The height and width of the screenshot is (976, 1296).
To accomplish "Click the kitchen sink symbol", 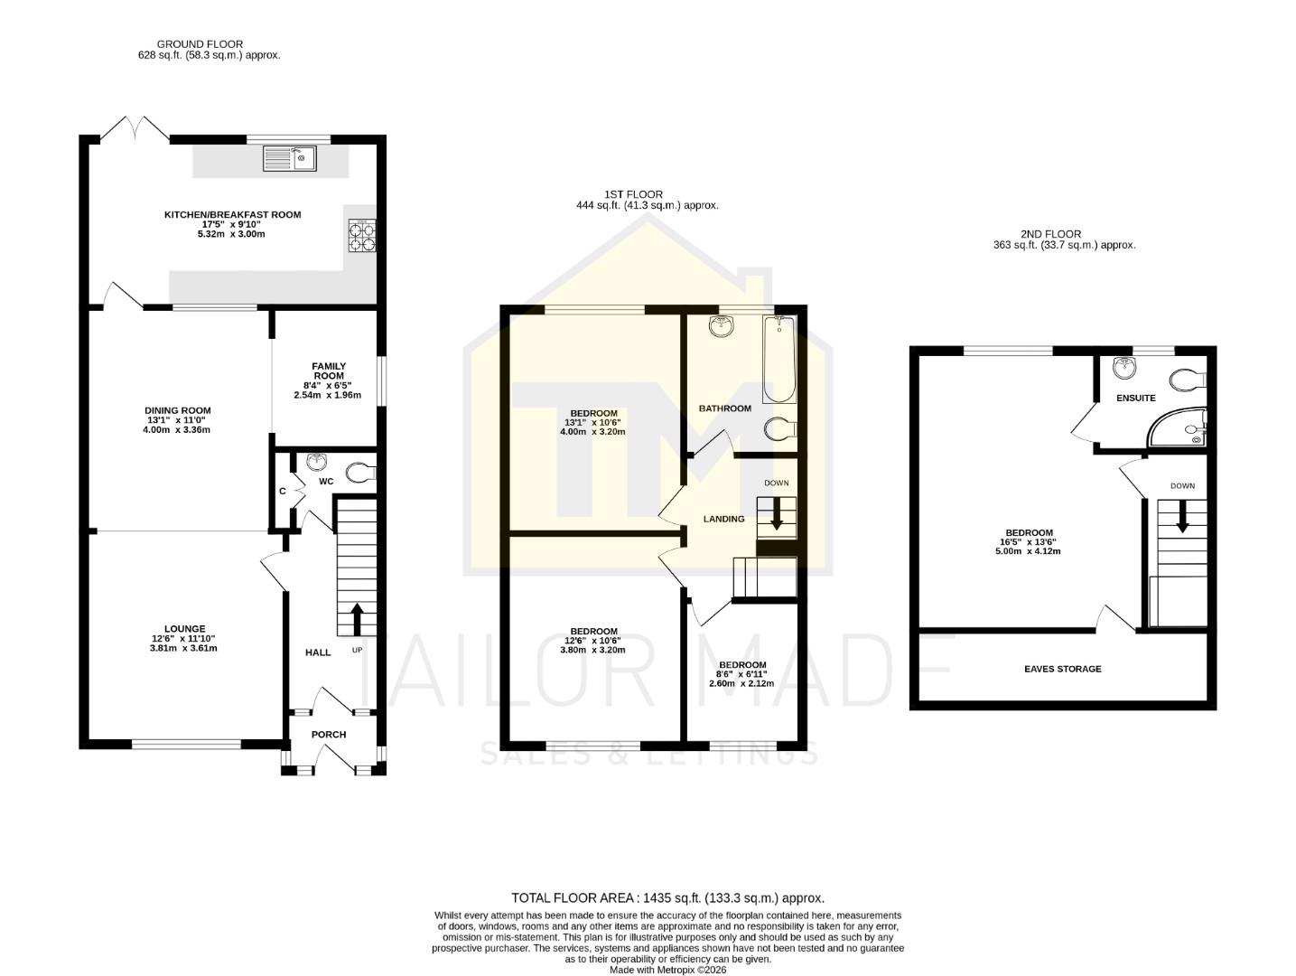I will (x=289, y=158).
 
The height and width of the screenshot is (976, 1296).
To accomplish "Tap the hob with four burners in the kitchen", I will (x=361, y=236).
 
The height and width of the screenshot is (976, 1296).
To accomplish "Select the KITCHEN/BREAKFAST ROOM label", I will (x=232, y=215).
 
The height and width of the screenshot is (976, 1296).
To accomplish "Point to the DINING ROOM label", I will (x=178, y=410).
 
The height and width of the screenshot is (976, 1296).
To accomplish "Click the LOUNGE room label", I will (x=184, y=629).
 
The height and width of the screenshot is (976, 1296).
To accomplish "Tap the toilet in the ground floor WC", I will (x=362, y=471).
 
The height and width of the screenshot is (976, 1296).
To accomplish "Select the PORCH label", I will (x=329, y=735).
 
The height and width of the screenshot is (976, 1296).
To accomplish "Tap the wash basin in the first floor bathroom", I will (x=722, y=326).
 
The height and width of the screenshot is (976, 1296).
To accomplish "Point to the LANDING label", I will (x=723, y=519).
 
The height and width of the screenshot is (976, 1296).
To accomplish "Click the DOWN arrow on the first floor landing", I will (x=776, y=518).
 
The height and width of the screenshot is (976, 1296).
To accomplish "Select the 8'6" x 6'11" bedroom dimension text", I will (x=741, y=674).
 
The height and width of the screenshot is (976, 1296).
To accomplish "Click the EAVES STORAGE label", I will (x=1062, y=670).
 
